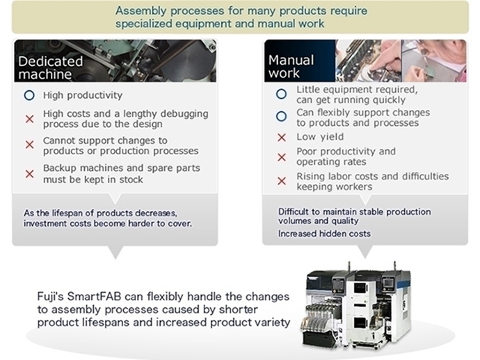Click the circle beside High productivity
click(29, 95)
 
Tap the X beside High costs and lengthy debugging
click(30, 119)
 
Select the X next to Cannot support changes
click(30, 145)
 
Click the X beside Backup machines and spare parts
click(30, 174)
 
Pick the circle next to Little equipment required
click(281, 94)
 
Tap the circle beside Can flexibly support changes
click(281, 117)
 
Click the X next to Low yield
click(282, 138)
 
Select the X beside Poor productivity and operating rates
click(282, 157)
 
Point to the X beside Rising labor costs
click(282, 181)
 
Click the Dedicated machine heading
click(51, 67)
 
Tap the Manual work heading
click(291, 67)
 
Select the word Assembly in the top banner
click(141, 10)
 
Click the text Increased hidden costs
click(324, 234)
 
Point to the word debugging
click(184, 114)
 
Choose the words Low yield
click(320, 137)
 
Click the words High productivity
click(83, 95)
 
